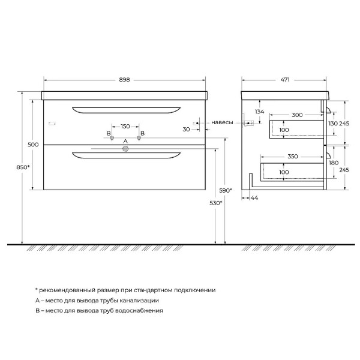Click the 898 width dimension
[125, 79]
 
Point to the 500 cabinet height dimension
[33, 144]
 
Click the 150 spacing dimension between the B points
[125, 127]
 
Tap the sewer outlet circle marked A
[125, 150]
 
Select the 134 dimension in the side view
[259, 112]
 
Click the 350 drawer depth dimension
[292, 156]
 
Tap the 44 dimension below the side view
[254, 197]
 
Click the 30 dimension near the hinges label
[187, 129]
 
